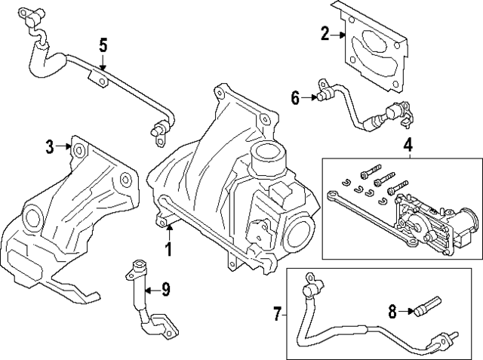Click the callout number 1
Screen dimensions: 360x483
pos(169,248)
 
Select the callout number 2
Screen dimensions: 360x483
pos(325,33)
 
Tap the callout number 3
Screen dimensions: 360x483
pos(49,146)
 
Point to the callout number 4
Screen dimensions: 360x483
pos(408,144)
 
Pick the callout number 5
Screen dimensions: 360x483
pos(103,45)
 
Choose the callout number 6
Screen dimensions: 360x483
pos(295,97)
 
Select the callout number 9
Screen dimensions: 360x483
pos(167,289)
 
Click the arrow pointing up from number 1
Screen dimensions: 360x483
pos(169,229)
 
